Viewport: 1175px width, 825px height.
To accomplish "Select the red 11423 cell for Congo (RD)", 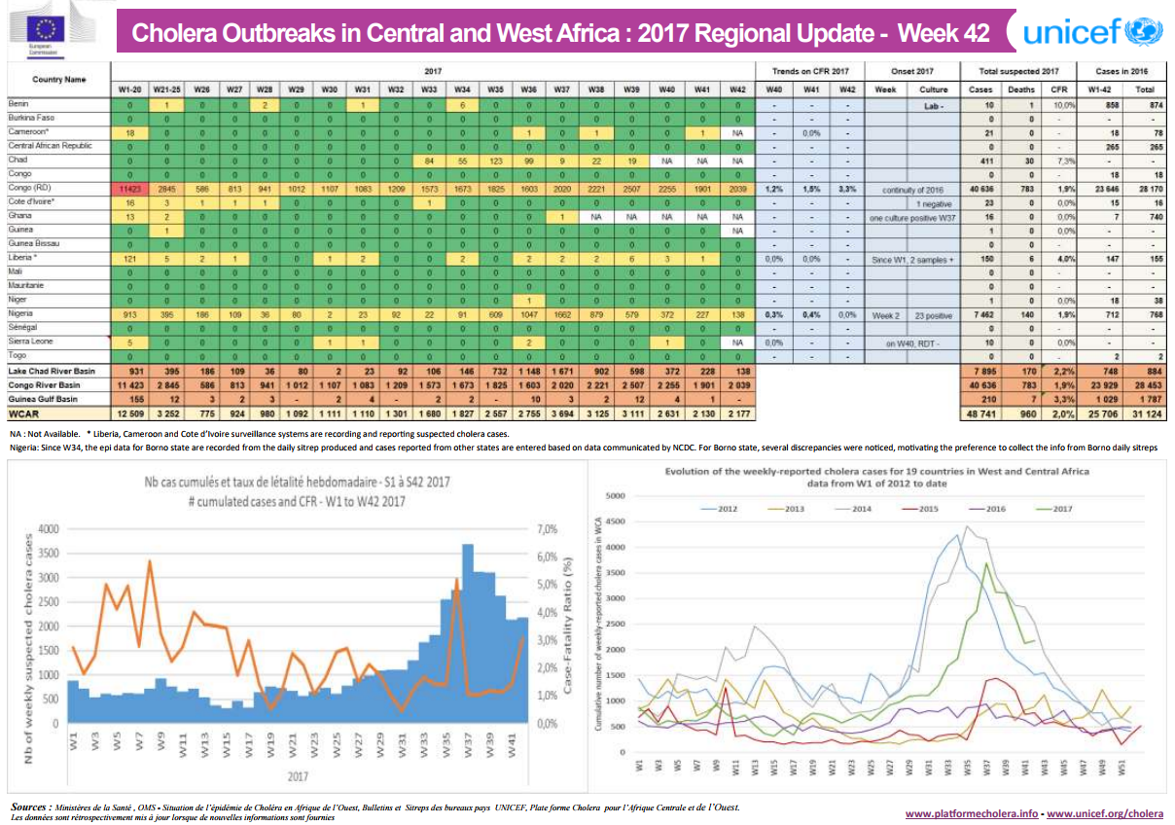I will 130,188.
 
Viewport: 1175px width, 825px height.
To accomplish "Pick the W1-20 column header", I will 130,89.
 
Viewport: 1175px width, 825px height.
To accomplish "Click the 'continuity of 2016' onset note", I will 914,189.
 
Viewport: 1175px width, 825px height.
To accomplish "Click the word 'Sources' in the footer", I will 30,807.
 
